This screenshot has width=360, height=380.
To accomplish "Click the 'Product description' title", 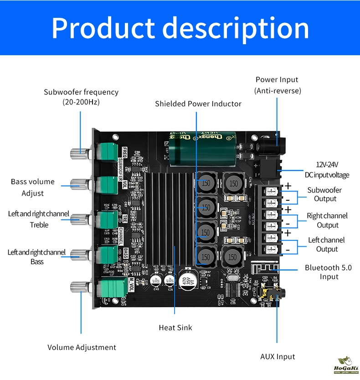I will coord(180,28).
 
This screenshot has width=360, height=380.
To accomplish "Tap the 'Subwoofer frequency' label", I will coord(81,97).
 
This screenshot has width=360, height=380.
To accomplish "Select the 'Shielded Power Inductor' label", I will coord(198,104).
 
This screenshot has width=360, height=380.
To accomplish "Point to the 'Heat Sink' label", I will coord(175,328).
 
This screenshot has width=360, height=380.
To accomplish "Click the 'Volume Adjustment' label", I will coord(82,348).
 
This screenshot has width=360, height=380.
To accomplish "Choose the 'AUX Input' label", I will coord(278,357).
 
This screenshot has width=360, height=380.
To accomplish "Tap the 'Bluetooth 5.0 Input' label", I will coord(328,272).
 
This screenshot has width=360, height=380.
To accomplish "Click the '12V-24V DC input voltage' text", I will coord(327,170).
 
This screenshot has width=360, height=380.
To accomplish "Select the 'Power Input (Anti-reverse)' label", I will coord(277,85).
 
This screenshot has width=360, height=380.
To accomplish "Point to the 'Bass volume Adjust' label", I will coord(33,187).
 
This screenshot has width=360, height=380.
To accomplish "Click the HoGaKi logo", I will coord(346,365).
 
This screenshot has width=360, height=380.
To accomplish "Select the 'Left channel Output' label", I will coord(327,245).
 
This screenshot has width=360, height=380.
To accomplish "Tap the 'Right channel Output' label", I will coord(327,220).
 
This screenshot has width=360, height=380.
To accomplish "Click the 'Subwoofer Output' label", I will coord(325,194).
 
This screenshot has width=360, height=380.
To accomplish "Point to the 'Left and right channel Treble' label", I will coord(39,219).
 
